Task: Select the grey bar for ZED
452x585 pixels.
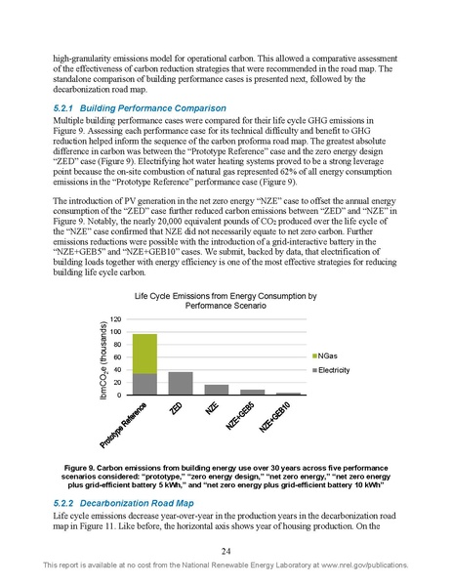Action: coord(181,384)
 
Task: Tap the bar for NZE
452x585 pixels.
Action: coord(216,390)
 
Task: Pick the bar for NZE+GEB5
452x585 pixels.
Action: coord(252,393)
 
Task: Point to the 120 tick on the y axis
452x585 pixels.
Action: coord(116,319)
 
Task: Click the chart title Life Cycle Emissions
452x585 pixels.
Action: coord(226,298)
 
